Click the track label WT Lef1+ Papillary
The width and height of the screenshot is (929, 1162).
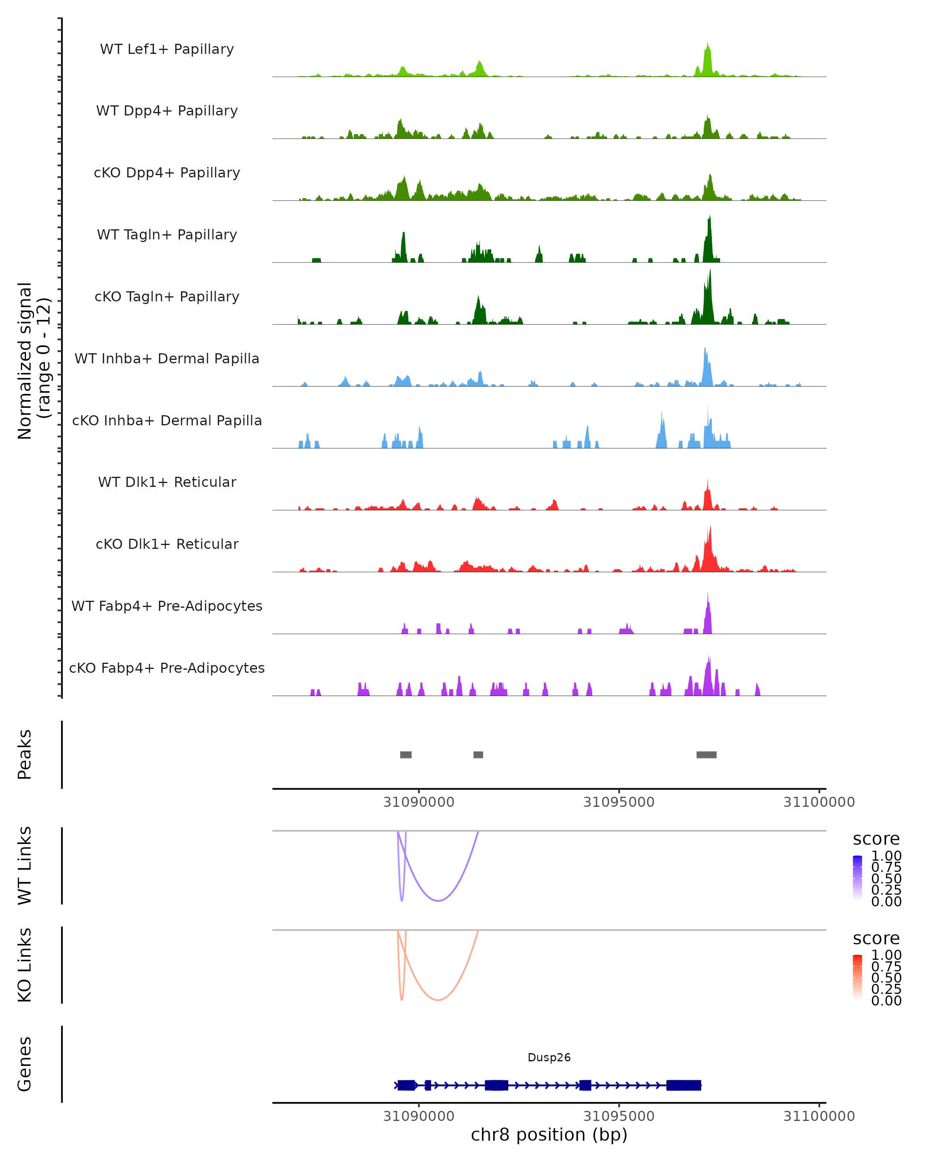click(167, 49)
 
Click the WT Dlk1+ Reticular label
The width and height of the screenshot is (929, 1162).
click(167, 482)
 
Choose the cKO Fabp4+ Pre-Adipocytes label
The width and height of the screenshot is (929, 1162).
click(167, 668)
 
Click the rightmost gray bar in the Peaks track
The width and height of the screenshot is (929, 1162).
click(706, 755)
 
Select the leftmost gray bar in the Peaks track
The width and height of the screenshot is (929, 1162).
click(406, 755)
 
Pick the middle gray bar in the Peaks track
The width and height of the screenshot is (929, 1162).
click(478, 755)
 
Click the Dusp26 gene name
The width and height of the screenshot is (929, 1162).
click(549, 1057)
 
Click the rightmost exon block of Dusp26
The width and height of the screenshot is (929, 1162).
click(684, 1085)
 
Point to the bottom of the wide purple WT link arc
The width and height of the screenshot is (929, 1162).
click(439, 901)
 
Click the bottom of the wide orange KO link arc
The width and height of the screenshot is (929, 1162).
click(439, 1000)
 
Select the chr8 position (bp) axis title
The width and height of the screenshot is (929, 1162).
click(549, 1134)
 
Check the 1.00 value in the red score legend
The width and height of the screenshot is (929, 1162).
click(886, 955)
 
